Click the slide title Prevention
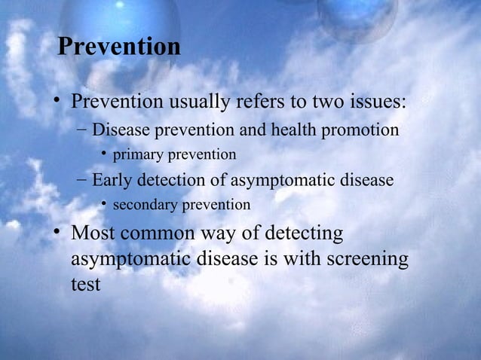119,47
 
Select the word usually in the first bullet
200,102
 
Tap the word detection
169,181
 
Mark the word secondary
146,205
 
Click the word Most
96,234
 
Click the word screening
368,261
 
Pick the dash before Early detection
81,181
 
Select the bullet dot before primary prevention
104,155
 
